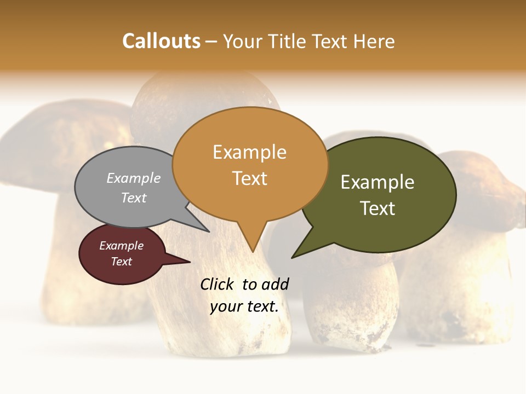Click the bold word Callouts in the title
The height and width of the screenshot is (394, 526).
pos(161,42)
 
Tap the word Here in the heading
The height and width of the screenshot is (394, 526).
pos(374,42)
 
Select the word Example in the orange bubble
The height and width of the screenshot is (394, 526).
pos(249,152)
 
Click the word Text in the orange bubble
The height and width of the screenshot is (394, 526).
pos(250,178)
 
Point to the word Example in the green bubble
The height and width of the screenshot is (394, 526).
pos(378,182)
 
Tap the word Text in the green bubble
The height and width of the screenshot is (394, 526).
pos(378,208)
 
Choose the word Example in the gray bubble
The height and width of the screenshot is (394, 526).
pos(134,178)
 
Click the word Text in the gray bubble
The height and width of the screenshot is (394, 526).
pos(134,198)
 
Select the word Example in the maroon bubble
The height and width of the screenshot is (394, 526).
pos(121,246)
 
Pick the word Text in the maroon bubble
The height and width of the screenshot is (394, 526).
pos(121,262)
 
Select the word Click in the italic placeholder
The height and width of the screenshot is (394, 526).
pos(218,284)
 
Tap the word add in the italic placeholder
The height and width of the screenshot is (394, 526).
pos(275,284)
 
